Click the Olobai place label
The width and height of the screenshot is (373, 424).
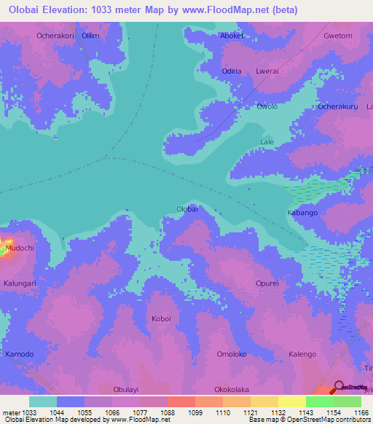(187, 209)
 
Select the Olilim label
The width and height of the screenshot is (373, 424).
(90, 35)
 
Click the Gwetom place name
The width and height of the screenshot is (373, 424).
(337, 36)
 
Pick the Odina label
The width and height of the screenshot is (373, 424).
(231, 71)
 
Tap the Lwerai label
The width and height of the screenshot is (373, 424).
(267, 71)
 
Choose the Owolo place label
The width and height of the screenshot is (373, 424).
(267, 107)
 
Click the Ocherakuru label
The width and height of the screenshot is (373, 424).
(337, 107)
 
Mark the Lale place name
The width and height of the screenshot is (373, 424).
(267, 142)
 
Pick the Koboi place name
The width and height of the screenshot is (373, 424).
(161, 318)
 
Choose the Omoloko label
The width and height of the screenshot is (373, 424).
(232, 354)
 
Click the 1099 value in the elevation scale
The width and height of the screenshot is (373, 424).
(195, 412)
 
